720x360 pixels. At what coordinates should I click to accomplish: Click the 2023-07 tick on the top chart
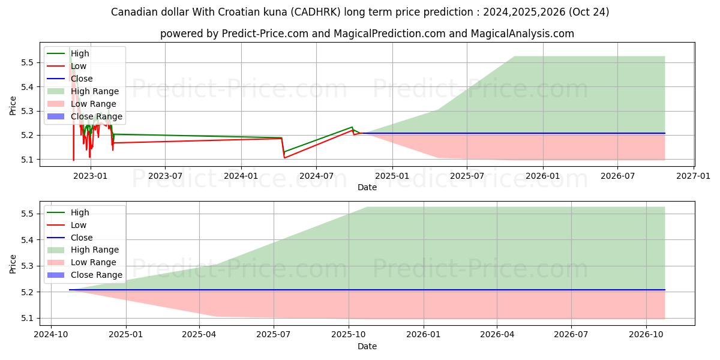tap(165, 176)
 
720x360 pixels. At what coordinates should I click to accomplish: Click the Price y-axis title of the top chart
tap(13, 106)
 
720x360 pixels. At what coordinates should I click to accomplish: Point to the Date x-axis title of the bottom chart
tap(367, 346)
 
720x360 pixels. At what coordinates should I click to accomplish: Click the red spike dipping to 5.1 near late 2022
tap(74, 159)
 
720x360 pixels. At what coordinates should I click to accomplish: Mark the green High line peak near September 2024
tap(352, 127)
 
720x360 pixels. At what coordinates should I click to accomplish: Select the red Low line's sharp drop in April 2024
tap(284, 157)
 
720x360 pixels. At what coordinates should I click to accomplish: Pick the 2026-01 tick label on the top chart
tap(543, 176)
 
